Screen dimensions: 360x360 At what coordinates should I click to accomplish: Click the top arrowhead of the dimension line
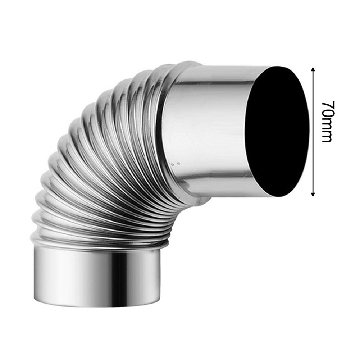(313, 69)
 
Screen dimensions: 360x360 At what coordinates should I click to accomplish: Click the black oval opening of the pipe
(277, 132)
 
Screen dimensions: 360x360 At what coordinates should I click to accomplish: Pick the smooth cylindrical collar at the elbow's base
(97, 277)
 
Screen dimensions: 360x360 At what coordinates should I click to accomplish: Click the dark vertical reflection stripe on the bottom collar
(120, 277)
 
